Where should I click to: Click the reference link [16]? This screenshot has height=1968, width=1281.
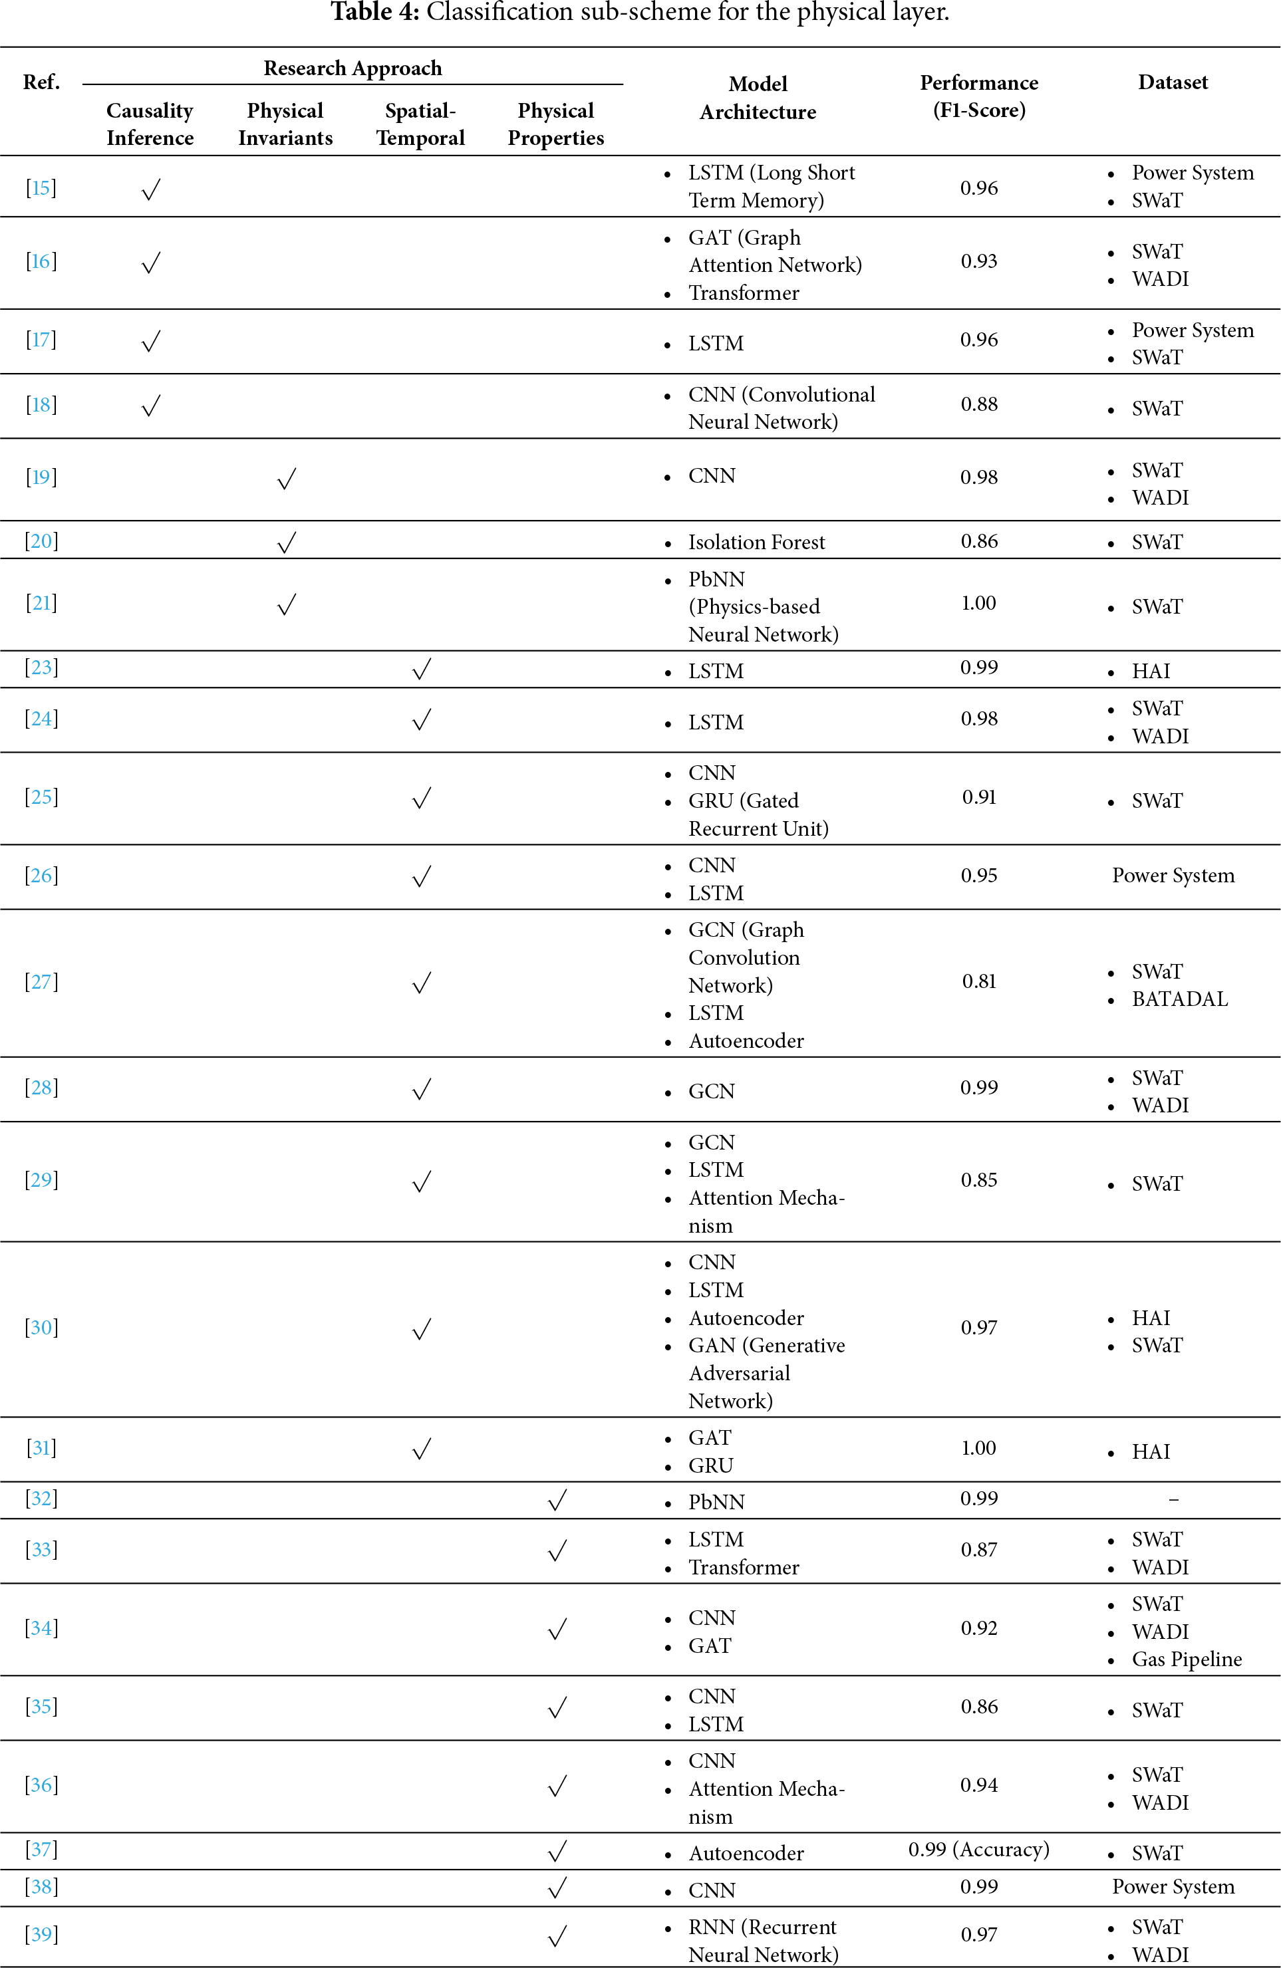pyautogui.click(x=41, y=261)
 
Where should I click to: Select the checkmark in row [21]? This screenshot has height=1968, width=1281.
pyautogui.click(x=286, y=604)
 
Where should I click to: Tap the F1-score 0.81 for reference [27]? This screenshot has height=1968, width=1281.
pyautogui.click(x=978, y=981)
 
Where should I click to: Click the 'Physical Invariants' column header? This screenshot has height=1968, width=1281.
pyautogui.click(x=285, y=124)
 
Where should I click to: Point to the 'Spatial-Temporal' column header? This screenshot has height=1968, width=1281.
pyautogui.click(x=420, y=124)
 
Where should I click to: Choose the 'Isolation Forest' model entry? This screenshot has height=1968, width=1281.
pyautogui.click(x=756, y=543)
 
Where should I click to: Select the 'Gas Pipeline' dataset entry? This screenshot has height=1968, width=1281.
pyautogui.click(x=1186, y=1659)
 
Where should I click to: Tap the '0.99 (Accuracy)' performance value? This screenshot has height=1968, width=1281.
pyautogui.click(x=978, y=1849)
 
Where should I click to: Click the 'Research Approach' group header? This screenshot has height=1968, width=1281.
pyautogui.click(x=353, y=68)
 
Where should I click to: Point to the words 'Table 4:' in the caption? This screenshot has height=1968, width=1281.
pyautogui.click(x=374, y=13)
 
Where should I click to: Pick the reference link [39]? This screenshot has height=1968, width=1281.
pyautogui.click(x=41, y=1933)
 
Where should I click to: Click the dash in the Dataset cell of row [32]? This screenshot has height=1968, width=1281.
pyautogui.click(x=1173, y=1499)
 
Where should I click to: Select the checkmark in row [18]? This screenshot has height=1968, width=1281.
pyautogui.click(x=150, y=405)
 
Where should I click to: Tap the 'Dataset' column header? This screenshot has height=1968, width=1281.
pyautogui.click(x=1172, y=82)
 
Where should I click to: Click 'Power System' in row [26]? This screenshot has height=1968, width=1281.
pyautogui.click(x=1172, y=876)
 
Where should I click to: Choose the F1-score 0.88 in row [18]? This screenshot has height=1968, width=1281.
pyautogui.click(x=978, y=404)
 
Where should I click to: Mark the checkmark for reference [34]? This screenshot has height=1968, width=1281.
pyautogui.click(x=557, y=1629)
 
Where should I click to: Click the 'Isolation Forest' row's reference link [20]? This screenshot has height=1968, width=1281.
pyautogui.click(x=41, y=542)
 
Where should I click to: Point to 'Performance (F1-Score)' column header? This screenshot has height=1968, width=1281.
pyautogui.click(x=978, y=96)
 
